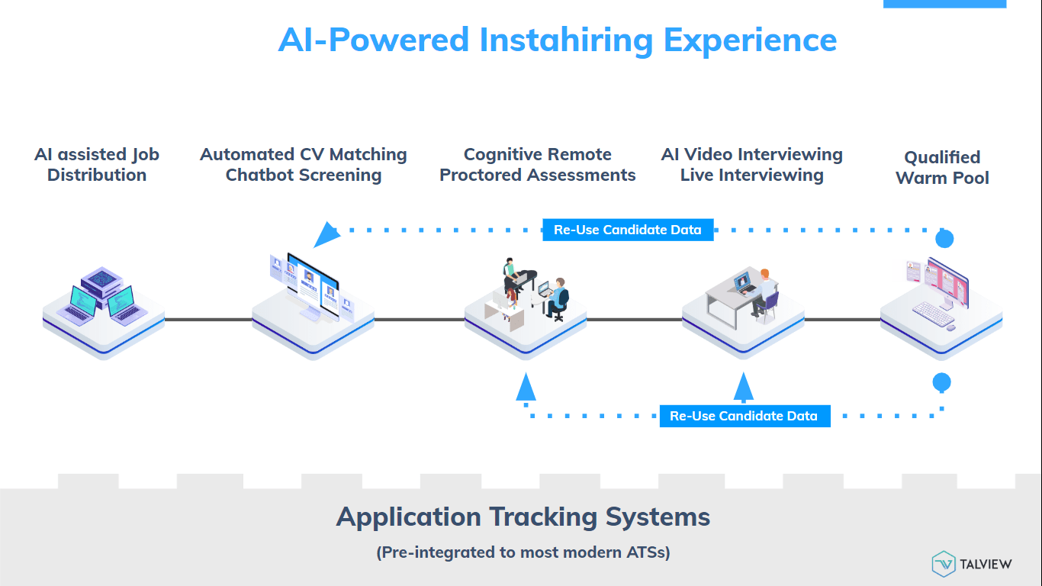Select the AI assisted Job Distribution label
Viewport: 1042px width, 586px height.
coord(97,165)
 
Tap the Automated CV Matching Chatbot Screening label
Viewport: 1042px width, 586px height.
coord(304,165)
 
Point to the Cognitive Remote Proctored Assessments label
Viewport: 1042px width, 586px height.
coord(538,165)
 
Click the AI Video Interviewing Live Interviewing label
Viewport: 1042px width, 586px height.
coord(752,165)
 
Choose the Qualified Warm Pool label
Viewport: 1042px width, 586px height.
coord(942,168)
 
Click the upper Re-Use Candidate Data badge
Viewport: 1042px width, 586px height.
coord(628,230)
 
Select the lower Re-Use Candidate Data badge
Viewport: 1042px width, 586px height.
coord(745,416)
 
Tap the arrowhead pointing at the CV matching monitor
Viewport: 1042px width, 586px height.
coord(326,234)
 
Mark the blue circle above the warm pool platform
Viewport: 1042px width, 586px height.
coord(944,239)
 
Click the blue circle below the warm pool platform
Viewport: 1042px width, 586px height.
coord(942,382)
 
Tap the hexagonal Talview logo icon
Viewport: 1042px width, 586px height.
coord(944,564)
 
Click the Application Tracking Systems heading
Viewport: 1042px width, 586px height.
coord(523,517)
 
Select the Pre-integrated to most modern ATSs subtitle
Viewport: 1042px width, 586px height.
coord(523,552)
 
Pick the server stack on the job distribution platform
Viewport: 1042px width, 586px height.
coord(102,280)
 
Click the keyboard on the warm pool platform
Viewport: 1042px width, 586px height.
coord(931,311)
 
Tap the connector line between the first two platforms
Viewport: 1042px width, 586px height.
coord(207,320)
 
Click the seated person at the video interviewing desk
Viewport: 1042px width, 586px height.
coord(764,290)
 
